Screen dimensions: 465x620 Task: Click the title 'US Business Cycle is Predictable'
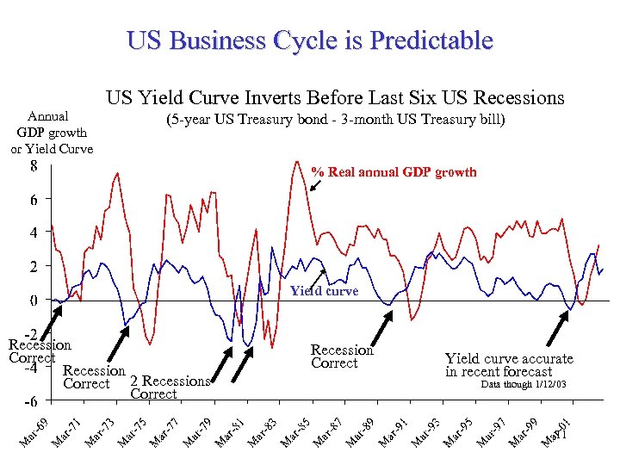[x=309, y=40]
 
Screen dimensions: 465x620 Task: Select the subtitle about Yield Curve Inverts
[x=335, y=97]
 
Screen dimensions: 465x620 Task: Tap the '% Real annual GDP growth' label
[x=394, y=172]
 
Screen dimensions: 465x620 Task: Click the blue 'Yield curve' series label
[x=325, y=291]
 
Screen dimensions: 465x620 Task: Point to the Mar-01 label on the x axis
[x=557, y=431]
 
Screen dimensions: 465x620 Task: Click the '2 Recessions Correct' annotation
[x=169, y=387]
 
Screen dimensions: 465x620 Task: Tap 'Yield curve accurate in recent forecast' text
[x=509, y=365]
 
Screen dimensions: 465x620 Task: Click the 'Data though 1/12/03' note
[x=523, y=384]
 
